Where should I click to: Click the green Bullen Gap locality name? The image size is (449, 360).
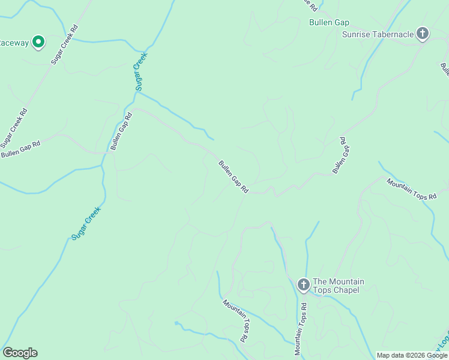pyautogui.click(x=329, y=23)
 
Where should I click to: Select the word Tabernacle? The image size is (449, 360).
pyautogui.click(x=393, y=34)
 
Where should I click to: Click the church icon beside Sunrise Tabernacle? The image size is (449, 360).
pyautogui.click(x=423, y=34)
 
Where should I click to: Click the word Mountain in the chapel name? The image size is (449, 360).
pyautogui.click(x=346, y=281)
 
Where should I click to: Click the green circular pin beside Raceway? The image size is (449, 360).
pyautogui.click(x=38, y=41)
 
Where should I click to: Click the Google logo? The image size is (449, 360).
pyautogui.click(x=20, y=353)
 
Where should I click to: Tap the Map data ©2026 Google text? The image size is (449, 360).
pyautogui.click(x=412, y=355)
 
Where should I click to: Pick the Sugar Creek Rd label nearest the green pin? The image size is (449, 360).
pyautogui.click(x=65, y=45)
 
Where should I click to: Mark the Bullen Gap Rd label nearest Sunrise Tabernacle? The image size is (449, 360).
pyautogui.click(x=340, y=155)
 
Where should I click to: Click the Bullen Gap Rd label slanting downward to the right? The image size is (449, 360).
pyautogui.click(x=234, y=176)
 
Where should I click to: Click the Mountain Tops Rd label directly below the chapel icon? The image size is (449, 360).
pyautogui.click(x=301, y=329)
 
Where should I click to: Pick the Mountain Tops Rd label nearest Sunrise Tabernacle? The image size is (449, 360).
pyautogui.click(x=411, y=189)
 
